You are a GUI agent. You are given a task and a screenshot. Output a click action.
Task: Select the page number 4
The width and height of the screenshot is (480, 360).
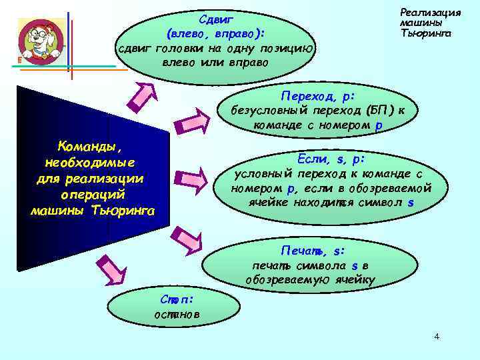click(437, 337)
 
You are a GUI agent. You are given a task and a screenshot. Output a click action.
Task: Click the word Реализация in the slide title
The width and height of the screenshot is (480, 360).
click(430, 13)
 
